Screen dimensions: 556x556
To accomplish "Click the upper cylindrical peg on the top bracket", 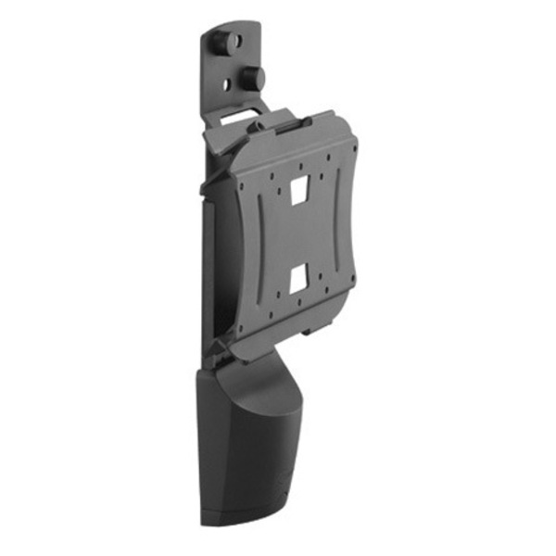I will [x=220, y=42].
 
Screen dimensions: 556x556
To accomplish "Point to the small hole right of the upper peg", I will [x=237, y=42].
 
